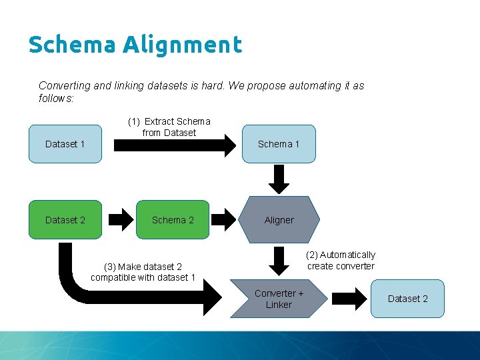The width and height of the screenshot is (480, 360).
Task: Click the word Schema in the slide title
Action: pyautogui.click(x=72, y=45)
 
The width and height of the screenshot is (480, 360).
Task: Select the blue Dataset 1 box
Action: pyautogui.click(x=65, y=144)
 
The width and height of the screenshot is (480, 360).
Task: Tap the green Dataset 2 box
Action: pyautogui.click(x=65, y=219)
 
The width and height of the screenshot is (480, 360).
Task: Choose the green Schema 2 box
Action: pyautogui.click(x=173, y=219)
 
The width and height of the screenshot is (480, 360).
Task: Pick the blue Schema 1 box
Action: pyautogui.click(x=279, y=144)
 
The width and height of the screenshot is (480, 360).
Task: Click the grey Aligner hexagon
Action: pyautogui.click(x=279, y=219)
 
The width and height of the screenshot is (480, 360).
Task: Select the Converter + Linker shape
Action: pyautogui.click(x=279, y=299)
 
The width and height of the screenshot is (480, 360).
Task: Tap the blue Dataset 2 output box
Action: pyautogui.click(x=408, y=298)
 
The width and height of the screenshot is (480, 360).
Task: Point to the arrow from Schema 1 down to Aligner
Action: pyautogui.click(x=279, y=179)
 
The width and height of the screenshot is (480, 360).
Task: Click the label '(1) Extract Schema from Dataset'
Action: pyautogui.click(x=169, y=127)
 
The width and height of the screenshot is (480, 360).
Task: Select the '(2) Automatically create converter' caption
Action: pyautogui.click(x=341, y=260)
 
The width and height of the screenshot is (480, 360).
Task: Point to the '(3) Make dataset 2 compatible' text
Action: pyautogui.click(x=143, y=272)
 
